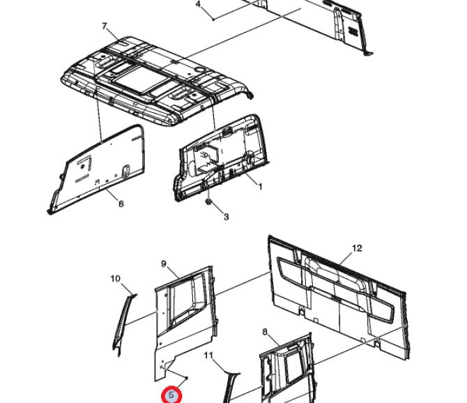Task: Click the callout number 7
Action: tap(105, 26)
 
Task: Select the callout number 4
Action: tap(199, 4)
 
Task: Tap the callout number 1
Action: tap(260, 187)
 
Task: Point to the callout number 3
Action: tap(227, 217)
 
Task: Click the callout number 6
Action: tap(121, 204)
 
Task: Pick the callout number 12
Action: tap(357, 248)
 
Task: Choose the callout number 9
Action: tap(164, 264)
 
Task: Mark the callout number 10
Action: tap(116, 279)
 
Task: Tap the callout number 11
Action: tap(209, 356)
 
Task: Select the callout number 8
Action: tap(265, 332)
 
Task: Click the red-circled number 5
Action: tap(171, 395)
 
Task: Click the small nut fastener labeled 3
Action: tap(208, 202)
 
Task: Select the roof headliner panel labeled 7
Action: tap(157, 80)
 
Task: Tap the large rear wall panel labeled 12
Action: tap(339, 297)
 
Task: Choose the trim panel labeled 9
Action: tap(185, 324)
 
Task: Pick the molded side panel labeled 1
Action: tap(221, 158)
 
